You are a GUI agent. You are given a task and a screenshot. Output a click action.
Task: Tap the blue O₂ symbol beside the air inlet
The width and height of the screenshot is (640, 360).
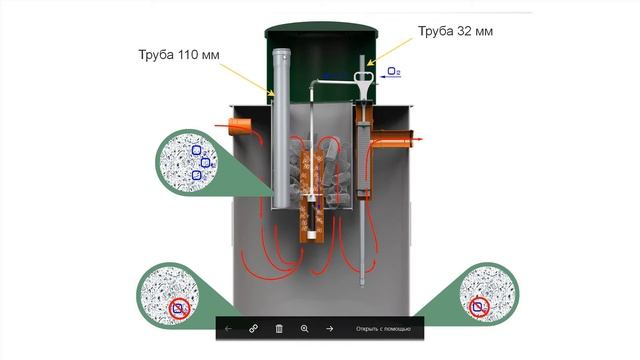point(394,72)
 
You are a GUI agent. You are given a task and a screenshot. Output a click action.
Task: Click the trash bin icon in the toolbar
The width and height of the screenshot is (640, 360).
point(279,328)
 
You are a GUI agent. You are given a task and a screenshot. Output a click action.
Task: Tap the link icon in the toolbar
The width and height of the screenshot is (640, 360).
point(254,328)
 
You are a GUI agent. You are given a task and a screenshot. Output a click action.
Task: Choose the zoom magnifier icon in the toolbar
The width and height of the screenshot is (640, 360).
point(304,328)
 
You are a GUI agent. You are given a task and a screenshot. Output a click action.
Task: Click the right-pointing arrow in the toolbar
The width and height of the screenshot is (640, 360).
point(329,328)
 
